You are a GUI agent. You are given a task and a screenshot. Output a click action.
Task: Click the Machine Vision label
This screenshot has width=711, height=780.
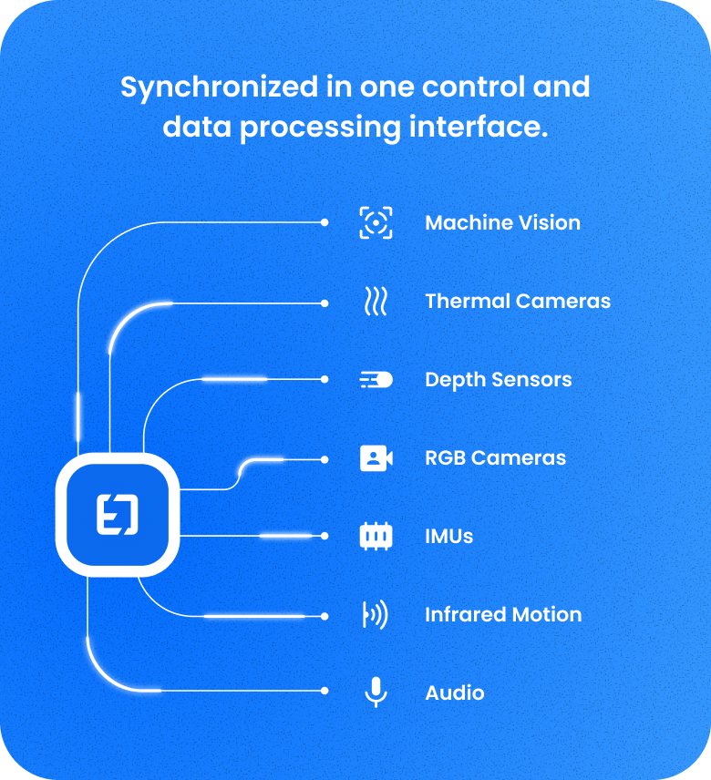(x=502, y=223)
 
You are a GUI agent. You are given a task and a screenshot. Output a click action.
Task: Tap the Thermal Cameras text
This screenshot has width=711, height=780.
(x=518, y=302)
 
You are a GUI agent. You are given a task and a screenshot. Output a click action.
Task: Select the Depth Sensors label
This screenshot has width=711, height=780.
(x=498, y=380)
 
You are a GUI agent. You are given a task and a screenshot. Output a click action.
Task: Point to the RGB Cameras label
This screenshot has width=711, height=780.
(x=495, y=458)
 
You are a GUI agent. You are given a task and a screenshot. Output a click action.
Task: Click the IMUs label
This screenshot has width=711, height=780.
(x=448, y=537)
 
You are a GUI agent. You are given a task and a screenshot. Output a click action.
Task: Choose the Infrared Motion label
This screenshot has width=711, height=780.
(x=502, y=615)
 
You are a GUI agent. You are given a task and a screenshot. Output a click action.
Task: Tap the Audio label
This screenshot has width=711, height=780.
(x=454, y=693)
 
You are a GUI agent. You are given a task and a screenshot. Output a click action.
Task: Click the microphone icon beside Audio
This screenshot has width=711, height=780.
(x=376, y=693)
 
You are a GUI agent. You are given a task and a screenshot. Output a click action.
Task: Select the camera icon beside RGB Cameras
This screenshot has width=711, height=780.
(x=376, y=458)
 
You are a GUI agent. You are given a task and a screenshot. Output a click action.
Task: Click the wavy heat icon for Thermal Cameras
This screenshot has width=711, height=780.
(x=376, y=302)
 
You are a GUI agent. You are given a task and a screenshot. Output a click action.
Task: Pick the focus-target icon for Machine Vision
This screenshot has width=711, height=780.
(x=376, y=223)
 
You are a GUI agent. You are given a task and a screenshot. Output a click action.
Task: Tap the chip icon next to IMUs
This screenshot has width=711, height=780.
(x=376, y=537)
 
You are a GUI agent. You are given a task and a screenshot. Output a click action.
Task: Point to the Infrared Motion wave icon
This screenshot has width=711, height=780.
(x=376, y=615)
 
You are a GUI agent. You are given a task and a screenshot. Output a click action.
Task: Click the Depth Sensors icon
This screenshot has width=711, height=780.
(x=376, y=380)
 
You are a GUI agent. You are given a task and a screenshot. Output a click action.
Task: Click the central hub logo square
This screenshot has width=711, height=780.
(x=118, y=515)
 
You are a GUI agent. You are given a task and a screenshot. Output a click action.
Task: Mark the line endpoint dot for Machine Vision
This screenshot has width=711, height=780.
(x=325, y=222)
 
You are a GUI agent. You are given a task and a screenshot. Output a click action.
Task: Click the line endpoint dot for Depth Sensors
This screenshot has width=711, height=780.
(x=325, y=379)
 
